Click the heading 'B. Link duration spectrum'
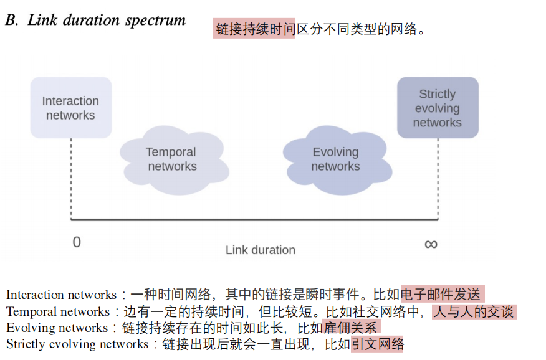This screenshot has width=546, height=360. (95, 21)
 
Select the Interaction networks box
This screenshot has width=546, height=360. (70, 108)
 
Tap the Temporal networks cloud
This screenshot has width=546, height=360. (172, 159)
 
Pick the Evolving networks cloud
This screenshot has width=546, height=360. (335, 159)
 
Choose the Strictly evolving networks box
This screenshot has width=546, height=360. (437, 108)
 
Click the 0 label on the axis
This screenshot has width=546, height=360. (77, 242)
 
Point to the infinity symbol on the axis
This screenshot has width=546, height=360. (431, 244)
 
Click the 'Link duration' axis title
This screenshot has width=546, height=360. (260, 250)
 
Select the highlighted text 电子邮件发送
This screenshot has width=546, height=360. (441, 295)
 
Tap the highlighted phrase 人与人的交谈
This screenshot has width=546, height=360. (474, 311)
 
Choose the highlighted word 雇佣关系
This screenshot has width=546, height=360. (351, 328)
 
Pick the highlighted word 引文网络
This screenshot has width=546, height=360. (378, 344)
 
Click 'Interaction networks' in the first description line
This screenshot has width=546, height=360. (61, 295)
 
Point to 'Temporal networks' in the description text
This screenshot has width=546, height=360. (57, 311)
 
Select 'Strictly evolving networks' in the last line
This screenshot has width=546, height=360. (78, 344)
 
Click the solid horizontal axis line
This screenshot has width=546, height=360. (254, 219)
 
